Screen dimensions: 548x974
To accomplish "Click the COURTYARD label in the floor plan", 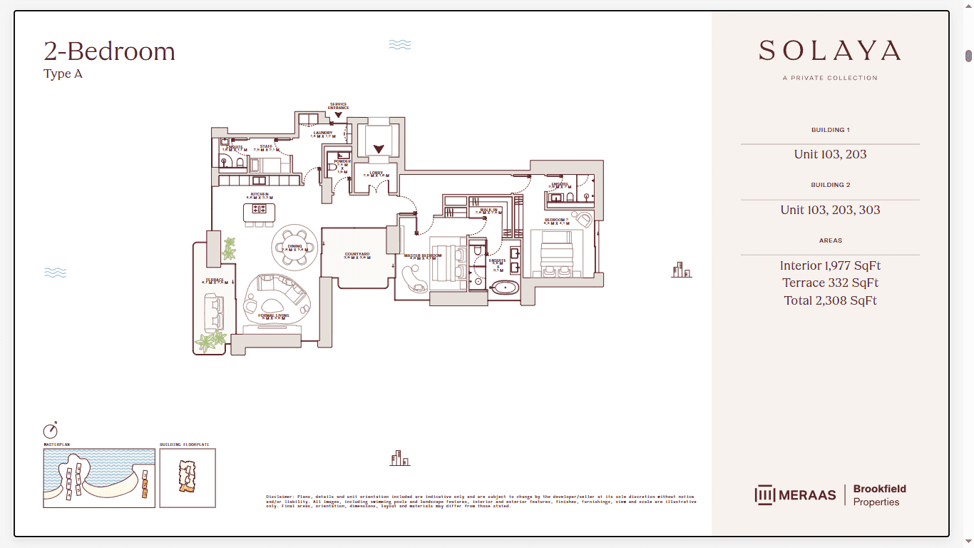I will pyautogui.click(x=357, y=254).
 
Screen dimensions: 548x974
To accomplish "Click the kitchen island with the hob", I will pyautogui.click(x=259, y=212).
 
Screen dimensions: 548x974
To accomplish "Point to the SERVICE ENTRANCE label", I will pyautogui.click(x=339, y=106).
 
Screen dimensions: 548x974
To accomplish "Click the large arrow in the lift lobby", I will pyautogui.click(x=379, y=149).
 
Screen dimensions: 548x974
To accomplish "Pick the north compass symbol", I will pyautogui.click(x=50, y=431).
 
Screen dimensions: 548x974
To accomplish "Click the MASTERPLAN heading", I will pyautogui.click(x=57, y=445).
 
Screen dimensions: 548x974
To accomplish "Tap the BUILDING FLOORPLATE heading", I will pyautogui.click(x=184, y=445).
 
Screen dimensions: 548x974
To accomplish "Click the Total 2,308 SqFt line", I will pyautogui.click(x=830, y=300).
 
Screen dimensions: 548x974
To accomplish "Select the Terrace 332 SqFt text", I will pyautogui.click(x=830, y=283).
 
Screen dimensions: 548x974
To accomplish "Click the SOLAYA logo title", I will pyautogui.click(x=830, y=51).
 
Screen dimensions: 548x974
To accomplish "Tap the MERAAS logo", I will pyautogui.click(x=795, y=494).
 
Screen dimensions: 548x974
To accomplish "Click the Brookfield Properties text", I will pyautogui.click(x=879, y=495).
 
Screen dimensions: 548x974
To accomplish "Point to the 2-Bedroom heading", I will pyautogui.click(x=109, y=51).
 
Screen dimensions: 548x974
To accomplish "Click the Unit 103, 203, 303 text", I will pyautogui.click(x=830, y=210).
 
